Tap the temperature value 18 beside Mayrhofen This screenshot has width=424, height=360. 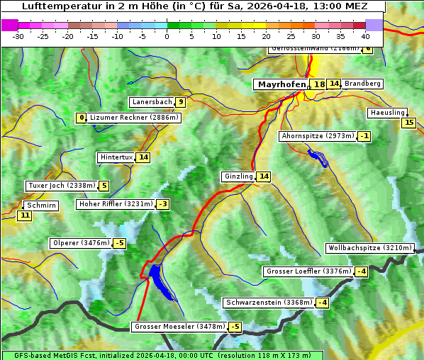pos(320,84)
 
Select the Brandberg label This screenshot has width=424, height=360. pos(363,84)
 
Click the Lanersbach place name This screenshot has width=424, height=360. pos(152,102)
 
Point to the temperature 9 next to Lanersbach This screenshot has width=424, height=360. pos(181,102)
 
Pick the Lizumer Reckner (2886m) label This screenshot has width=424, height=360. pos(134,118)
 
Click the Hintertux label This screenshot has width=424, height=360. pos(116,157)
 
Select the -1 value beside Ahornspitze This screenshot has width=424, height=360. pos(364,135)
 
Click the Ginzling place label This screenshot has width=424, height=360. pos(238,176)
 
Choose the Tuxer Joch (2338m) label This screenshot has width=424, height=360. pos(60,186)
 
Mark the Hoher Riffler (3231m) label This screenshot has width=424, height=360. pos(115,204)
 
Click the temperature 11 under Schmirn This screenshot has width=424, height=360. pos(25,215)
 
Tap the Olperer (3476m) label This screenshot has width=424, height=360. pos(82,243)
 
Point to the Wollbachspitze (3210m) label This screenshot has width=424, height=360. pos(369,248)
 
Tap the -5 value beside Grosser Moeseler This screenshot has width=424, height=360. pos(235,327)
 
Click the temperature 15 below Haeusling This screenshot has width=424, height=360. pos(408,123)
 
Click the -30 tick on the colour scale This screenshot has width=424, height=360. pos(18,35)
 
